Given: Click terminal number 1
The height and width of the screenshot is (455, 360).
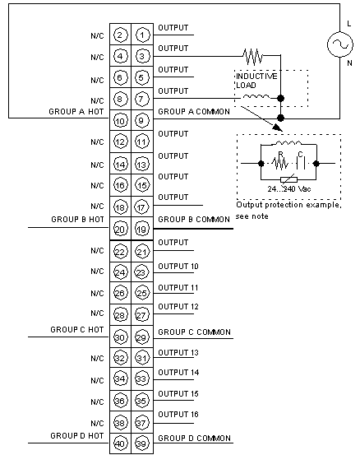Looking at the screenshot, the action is pyautogui.click(x=142, y=35).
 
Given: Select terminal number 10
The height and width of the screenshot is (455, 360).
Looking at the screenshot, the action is pyautogui.click(x=120, y=121).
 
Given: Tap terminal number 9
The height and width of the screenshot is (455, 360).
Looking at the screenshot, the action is pyautogui.click(x=141, y=120).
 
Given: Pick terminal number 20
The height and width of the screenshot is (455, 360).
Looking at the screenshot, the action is pyautogui.click(x=120, y=230).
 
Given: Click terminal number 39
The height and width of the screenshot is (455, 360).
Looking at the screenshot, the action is pyautogui.click(x=141, y=443).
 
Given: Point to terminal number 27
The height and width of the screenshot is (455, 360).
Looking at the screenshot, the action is pyautogui.click(x=141, y=315).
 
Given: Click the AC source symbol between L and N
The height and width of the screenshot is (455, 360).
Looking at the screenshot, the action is pyautogui.click(x=340, y=44).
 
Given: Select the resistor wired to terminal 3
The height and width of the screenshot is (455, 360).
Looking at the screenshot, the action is pyautogui.click(x=253, y=56).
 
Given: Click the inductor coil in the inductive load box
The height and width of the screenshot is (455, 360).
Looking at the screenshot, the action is pyautogui.click(x=256, y=96).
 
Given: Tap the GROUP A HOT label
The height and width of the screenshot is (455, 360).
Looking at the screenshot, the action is pyautogui.click(x=76, y=112).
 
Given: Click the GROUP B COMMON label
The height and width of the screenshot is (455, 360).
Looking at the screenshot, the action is pyautogui.click(x=194, y=220).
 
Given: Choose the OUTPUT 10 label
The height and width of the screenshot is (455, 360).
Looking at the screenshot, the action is pyautogui.click(x=178, y=267).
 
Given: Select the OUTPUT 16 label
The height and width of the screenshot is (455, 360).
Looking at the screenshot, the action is pyautogui.click(x=178, y=415).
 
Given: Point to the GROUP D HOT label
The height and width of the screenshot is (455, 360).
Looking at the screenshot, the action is pyautogui.click(x=76, y=436).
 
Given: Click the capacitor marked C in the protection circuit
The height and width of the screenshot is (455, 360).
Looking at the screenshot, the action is pyautogui.click(x=301, y=164).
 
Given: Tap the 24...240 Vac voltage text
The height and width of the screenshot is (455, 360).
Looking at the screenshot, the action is pyautogui.click(x=289, y=189).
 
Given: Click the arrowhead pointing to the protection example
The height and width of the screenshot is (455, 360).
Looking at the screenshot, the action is pyautogui.click(x=277, y=128).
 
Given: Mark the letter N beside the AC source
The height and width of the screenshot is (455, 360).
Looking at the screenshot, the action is pyautogui.click(x=349, y=63).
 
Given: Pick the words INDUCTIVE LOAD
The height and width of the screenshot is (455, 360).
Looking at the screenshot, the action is pyautogui.click(x=256, y=81).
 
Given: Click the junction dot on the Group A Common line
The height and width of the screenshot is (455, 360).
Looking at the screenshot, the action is pyautogui.click(x=280, y=118).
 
